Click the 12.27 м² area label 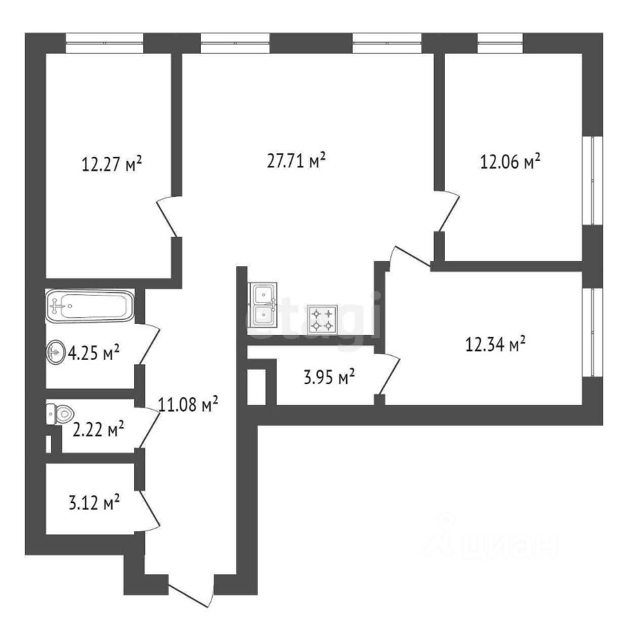coord(112,164)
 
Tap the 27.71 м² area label coord(296,160)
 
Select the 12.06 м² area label coord(510,162)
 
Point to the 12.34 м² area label coord(495,344)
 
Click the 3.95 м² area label coord(329,377)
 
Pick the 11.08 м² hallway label coord(188,404)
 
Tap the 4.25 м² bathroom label coord(94,353)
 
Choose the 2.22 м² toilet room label coord(98,429)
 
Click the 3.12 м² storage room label coord(94,502)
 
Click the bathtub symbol coord(90,305)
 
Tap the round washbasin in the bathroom coord(55,353)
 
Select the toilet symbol coord(60,414)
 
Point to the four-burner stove coord(323,320)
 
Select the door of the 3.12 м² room coord(148,511)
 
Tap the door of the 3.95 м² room coord(388,374)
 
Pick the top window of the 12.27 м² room coord(105,43)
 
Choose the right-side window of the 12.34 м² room coord(593,332)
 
